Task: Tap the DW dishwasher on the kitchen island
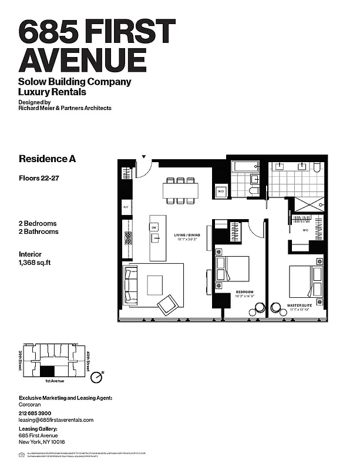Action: click(x=154, y=227)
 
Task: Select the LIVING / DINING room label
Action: click(x=186, y=238)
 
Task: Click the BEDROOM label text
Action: click(x=244, y=292)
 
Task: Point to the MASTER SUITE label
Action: click(x=300, y=305)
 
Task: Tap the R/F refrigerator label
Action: click(x=126, y=207)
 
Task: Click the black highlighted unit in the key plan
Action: click(x=46, y=371)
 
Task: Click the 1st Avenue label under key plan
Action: click(x=54, y=381)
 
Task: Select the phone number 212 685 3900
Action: click(x=39, y=413)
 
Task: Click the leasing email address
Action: click(x=56, y=420)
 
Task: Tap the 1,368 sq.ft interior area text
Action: click(x=35, y=263)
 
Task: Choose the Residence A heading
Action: click(x=47, y=159)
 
